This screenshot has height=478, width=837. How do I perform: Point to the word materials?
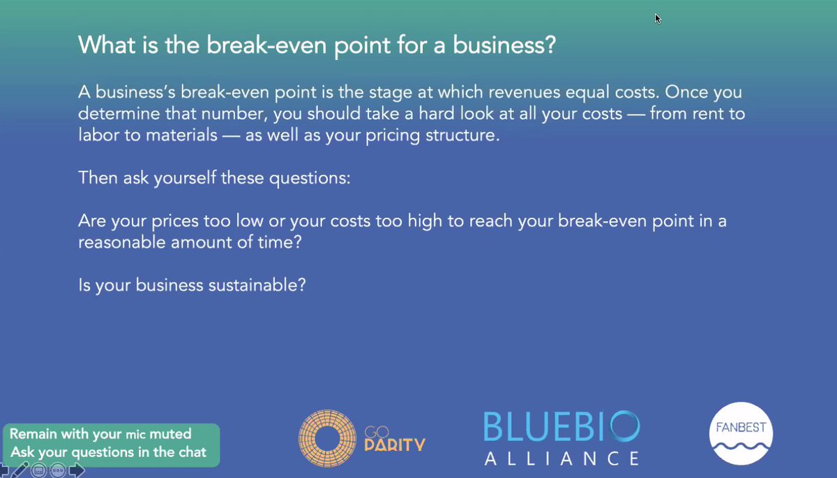coord(181,135)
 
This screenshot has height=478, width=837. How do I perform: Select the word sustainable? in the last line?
coord(257,285)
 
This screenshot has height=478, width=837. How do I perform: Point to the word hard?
coord(436,113)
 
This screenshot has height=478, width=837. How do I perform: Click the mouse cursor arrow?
coord(658,19)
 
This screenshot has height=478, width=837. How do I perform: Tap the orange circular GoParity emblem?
coord(327,438)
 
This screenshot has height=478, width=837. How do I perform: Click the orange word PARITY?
coord(395,445)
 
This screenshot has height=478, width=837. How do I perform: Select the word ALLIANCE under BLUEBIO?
coord(561,458)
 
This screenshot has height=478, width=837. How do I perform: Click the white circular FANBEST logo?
coord(741,433)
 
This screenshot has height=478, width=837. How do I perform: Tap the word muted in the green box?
coord(170,434)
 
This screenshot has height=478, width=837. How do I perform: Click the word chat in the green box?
coord(193,452)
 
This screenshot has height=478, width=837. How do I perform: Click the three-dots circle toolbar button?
coord(57,470)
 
